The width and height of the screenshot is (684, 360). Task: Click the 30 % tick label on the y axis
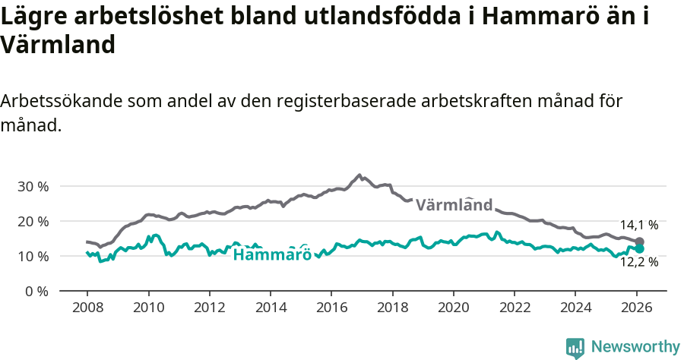[33, 186]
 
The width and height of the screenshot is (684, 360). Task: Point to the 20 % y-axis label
[33, 221]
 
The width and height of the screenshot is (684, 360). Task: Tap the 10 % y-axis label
[33, 256]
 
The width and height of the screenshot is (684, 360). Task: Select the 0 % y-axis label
[36, 291]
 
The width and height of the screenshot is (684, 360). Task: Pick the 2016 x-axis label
[331, 308]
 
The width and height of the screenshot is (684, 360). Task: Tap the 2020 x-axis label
[453, 308]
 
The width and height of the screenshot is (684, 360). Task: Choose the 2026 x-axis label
[636, 308]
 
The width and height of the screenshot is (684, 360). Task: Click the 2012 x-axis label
[209, 308]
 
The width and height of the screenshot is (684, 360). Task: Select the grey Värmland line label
[454, 204]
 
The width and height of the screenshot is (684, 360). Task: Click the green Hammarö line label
[271, 254]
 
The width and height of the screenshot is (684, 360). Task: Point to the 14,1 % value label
[638, 225]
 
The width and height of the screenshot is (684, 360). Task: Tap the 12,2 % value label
[638, 262]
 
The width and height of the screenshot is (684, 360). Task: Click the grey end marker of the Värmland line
[640, 242]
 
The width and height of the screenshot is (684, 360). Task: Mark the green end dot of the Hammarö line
[640, 248]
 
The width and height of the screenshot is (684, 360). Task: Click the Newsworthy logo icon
[575, 348]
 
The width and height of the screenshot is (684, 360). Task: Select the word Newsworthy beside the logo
[635, 347]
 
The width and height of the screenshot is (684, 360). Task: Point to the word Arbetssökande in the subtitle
[63, 101]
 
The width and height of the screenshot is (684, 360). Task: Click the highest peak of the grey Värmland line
[359, 175]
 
